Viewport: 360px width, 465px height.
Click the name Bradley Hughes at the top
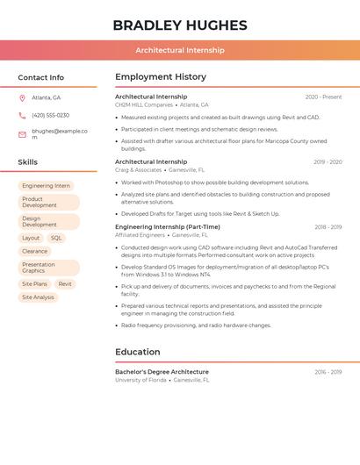179,25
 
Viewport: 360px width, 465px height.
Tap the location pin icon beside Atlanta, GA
22,97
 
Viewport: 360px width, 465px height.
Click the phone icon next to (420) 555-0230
22,115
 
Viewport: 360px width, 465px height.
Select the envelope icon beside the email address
22,133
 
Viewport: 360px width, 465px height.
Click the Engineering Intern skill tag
46,186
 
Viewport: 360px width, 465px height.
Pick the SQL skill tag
56,238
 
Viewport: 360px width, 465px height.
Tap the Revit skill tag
65,284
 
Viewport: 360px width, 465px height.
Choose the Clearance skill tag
35,251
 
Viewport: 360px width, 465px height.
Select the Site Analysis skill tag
38,297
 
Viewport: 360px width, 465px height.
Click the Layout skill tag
31,238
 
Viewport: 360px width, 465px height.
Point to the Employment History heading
161,77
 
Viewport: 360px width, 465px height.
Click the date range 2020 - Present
323,97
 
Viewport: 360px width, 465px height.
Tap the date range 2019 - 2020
328,161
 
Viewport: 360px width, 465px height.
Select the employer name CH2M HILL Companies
144,104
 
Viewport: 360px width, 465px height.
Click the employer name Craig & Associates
138,169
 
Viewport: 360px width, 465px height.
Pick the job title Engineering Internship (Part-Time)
168,226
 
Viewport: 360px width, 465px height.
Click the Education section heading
137,352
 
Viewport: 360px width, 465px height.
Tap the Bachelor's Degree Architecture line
162,372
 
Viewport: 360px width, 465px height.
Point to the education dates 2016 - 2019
328,372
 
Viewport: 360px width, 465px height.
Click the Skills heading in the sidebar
28,162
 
